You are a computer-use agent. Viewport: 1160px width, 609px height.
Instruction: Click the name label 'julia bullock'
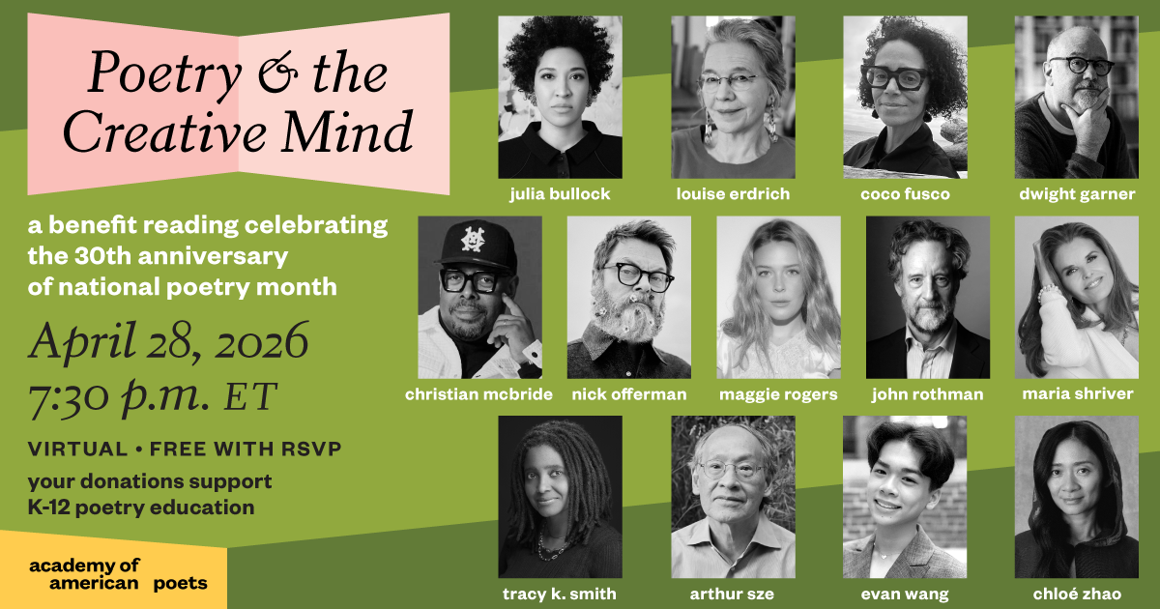(x=560, y=194)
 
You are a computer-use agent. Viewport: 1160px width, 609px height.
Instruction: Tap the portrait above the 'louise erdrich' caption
(x=733, y=97)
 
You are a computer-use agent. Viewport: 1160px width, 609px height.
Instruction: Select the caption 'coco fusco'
(x=905, y=194)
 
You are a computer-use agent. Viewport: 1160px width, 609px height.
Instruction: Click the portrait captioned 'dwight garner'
(x=1076, y=97)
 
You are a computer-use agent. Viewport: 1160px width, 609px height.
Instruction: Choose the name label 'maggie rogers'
(x=778, y=394)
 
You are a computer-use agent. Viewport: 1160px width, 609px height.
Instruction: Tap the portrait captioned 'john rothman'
(x=928, y=297)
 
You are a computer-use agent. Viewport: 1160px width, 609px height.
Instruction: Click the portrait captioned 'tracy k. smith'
(x=560, y=497)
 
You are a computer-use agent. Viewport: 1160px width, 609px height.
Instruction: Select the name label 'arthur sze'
(x=734, y=594)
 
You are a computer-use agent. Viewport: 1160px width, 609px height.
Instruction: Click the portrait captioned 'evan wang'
(x=905, y=497)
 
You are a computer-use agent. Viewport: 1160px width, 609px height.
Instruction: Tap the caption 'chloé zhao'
(x=1077, y=594)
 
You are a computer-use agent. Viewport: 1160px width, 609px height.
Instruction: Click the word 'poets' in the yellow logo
(x=180, y=584)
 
